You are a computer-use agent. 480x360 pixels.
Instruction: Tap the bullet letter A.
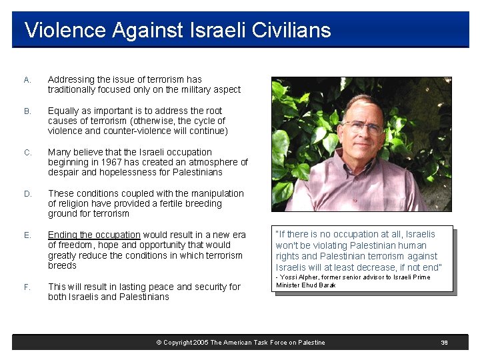27,80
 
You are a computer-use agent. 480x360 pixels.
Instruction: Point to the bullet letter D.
27,194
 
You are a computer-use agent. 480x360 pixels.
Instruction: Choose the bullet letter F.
27,287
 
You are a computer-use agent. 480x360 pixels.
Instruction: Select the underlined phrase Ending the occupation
94,235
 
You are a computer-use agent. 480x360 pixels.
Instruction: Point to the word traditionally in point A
74,90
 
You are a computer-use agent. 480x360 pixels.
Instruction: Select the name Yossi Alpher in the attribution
300,277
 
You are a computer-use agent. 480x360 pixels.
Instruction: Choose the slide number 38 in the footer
444,343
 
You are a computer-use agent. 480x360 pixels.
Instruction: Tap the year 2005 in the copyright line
200,343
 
